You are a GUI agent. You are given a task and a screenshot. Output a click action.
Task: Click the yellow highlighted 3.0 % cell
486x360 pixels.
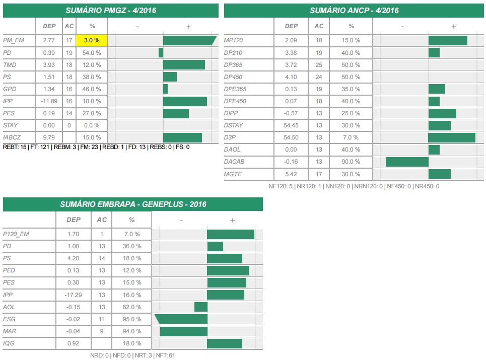point(91,40)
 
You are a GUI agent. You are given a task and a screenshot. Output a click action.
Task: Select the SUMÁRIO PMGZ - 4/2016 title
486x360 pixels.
point(111,11)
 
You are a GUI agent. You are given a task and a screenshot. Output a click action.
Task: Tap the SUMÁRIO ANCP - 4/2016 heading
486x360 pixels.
point(354,11)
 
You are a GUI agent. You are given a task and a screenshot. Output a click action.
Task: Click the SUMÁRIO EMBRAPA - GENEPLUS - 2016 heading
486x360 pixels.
point(133,204)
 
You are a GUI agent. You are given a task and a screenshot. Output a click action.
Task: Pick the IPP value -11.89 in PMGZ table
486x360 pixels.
point(49,101)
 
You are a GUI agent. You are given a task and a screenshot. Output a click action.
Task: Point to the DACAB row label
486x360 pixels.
point(234,162)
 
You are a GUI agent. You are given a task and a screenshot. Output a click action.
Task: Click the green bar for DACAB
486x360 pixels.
point(407,162)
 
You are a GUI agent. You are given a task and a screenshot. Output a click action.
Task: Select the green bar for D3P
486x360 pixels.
point(452,137)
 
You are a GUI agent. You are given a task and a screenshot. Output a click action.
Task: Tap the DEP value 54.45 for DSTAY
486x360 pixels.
point(291,125)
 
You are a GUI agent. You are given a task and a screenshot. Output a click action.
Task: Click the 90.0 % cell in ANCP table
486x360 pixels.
point(351,162)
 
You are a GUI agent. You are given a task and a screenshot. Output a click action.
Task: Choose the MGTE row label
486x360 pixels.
point(233,174)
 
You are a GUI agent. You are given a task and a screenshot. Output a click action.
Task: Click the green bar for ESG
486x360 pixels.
point(181,319)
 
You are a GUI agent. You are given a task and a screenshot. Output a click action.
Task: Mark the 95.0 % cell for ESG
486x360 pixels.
point(131,319)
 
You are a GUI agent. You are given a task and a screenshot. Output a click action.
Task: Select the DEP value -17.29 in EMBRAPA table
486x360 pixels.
point(74,295)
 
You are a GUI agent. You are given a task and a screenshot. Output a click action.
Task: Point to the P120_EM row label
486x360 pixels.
point(16,234)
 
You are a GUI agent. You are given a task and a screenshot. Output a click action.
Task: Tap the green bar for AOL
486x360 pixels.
point(201,307)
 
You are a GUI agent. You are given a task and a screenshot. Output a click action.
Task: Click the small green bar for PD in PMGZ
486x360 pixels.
point(161,52)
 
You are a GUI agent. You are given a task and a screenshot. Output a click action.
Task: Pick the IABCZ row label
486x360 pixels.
point(13,137)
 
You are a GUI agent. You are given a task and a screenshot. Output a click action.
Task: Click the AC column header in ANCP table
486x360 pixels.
point(319,26)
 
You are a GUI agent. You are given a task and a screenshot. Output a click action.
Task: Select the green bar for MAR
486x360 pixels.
point(184,331)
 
